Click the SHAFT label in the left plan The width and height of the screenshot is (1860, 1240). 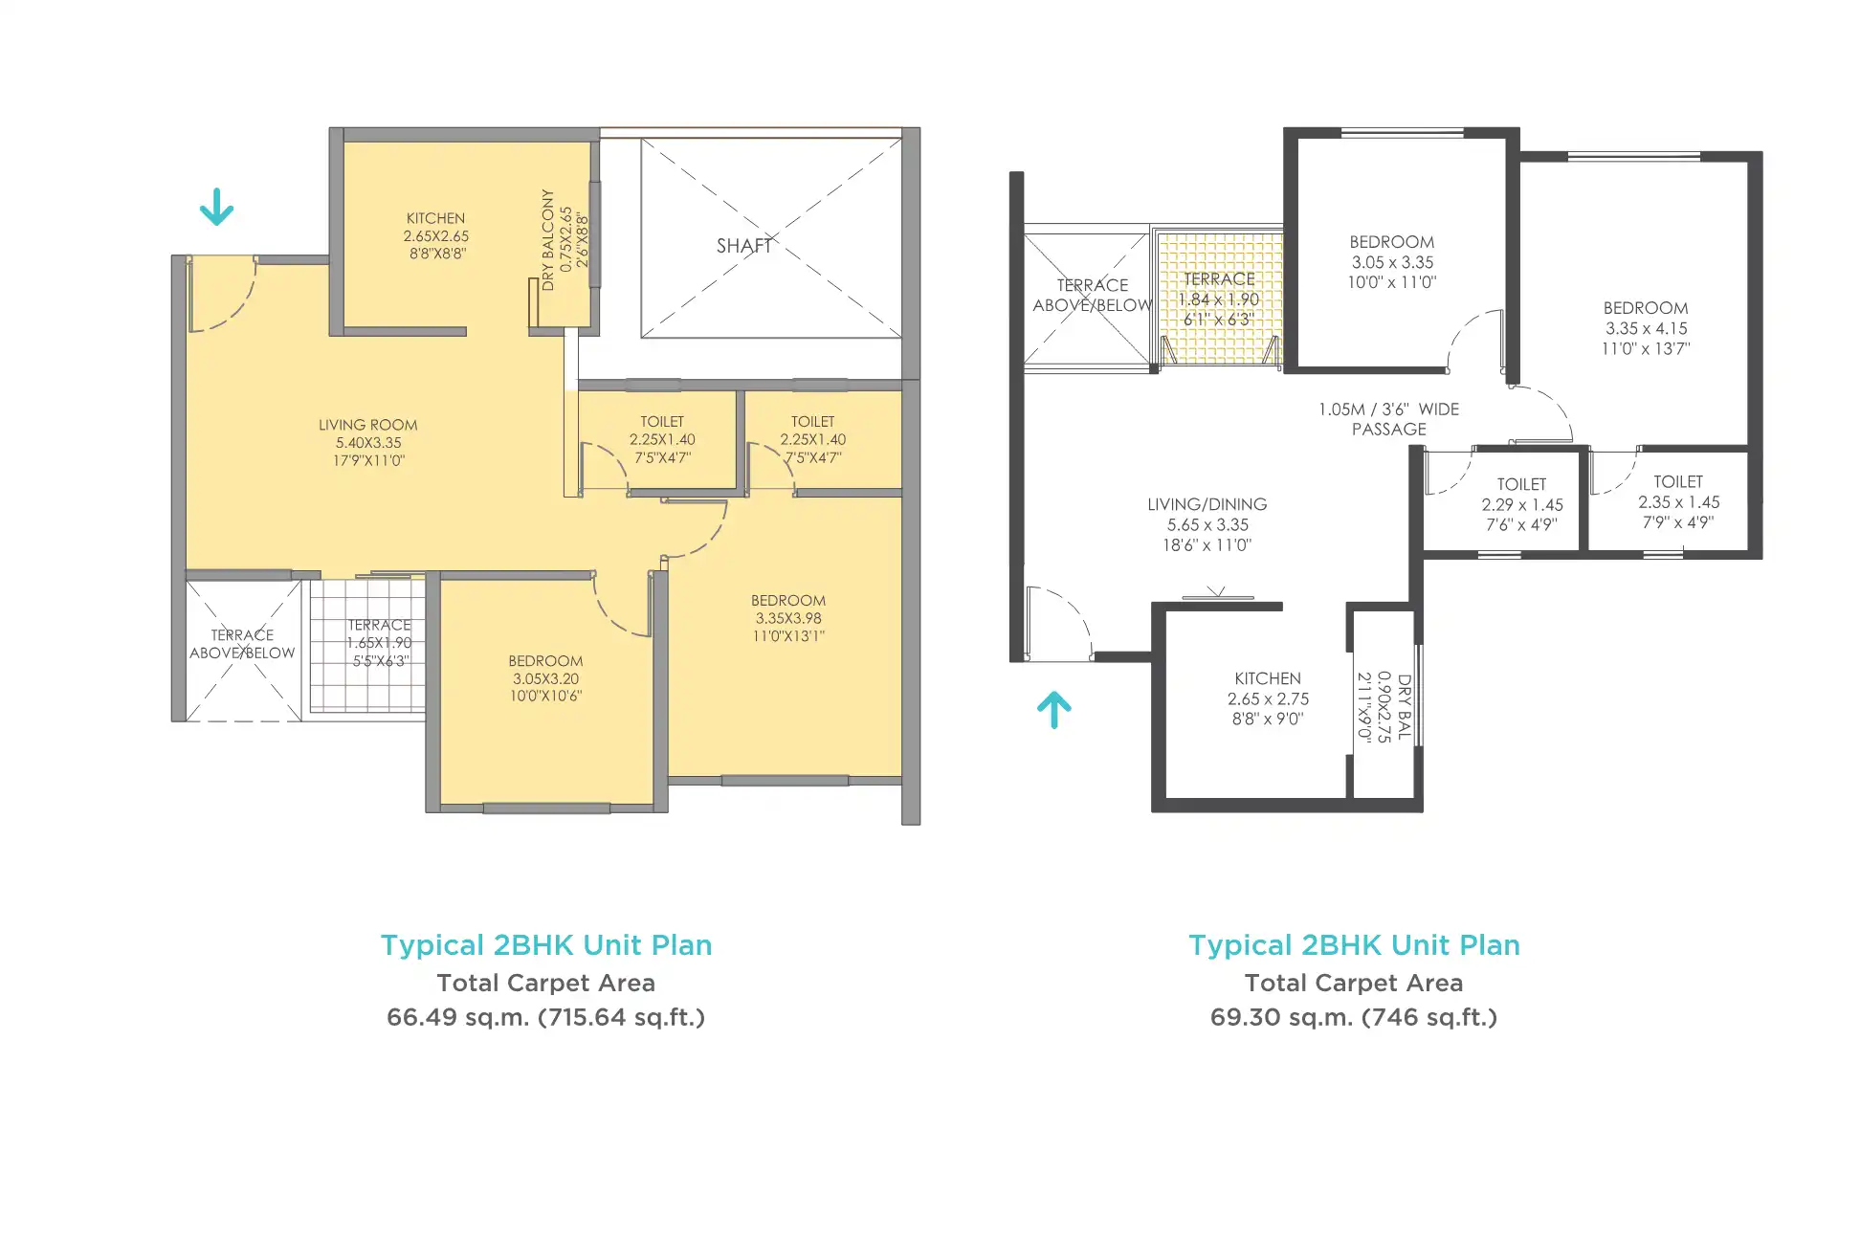[744, 246]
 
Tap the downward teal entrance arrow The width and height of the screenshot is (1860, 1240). [216, 207]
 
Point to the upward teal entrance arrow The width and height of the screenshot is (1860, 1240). [1054, 710]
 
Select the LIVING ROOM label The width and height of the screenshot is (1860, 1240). [368, 425]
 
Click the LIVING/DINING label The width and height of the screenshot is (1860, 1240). [1207, 504]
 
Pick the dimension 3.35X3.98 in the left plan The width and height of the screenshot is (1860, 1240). [788, 618]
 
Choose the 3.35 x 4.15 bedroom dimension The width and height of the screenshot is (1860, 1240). [1647, 328]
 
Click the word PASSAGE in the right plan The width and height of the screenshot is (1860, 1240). [1389, 430]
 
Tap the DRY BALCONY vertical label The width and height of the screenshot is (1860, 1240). [548, 240]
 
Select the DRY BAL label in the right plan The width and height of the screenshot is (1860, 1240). [1405, 707]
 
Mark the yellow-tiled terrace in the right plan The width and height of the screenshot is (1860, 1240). [1219, 298]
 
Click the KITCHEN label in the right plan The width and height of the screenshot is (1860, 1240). [1268, 678]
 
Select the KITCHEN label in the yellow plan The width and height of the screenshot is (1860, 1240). [436, 219]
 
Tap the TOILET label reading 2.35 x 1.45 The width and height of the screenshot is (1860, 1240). [1679, 482]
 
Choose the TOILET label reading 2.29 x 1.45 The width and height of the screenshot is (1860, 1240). [1522, 484]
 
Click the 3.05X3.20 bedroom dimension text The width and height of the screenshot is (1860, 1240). [546, 678]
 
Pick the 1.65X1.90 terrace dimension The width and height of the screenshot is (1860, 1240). [380, 643]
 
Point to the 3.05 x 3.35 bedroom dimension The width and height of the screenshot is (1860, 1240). [1393, 262]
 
